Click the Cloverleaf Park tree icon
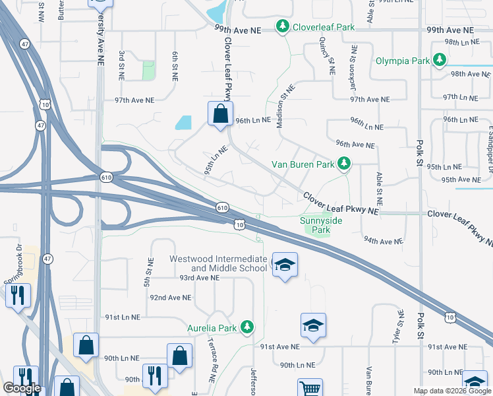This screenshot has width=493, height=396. click(283, 27)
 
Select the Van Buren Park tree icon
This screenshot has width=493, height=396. click(343, 163)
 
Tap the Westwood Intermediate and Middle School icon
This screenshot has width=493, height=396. click(285, 265)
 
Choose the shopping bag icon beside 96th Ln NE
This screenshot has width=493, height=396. click(220, 113)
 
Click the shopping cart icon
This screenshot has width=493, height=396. click(310, 388)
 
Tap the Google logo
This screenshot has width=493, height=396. click(22, 388)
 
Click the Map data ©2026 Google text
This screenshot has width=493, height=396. click(451, 391)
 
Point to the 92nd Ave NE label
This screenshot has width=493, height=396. click(170, 298)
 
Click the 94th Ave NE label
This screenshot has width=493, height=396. click(382, 242)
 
